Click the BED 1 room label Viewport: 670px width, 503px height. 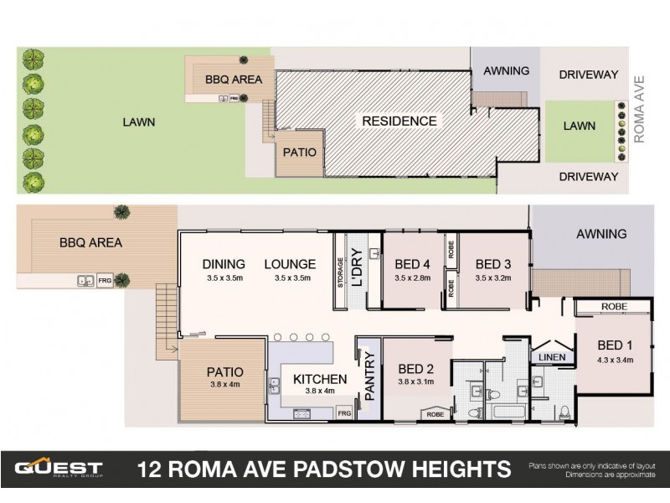[x=615, y=345]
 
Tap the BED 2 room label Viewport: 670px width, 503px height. [x=415, y=368]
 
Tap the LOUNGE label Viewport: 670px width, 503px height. [x=290, y=264]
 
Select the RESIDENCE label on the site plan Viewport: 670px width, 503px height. [x=399, y=121]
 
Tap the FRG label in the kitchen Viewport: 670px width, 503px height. [x=343, y=414]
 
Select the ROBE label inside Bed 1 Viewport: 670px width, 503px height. [x=614, y=307]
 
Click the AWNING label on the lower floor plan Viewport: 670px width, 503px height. [x=601, y=234]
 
